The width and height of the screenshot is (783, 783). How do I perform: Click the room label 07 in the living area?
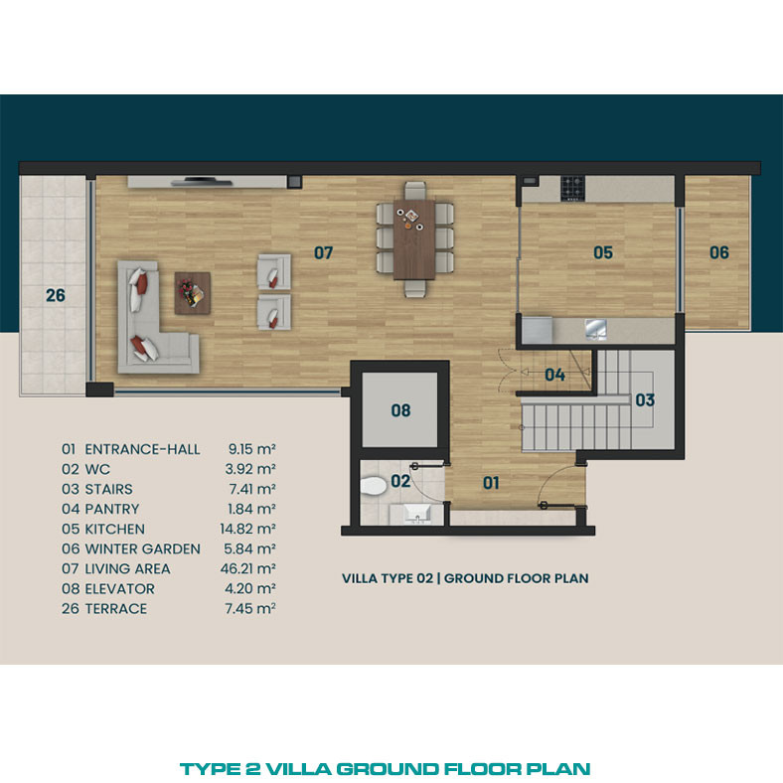click(323, 253)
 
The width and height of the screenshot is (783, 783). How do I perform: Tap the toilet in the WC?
click(373, 485)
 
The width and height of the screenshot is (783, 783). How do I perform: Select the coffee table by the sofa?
click(192, 293)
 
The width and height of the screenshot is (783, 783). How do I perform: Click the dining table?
click(414, 239)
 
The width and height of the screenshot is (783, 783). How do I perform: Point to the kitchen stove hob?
click(572, 188)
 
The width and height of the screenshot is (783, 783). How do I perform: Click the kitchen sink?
click(596, 330)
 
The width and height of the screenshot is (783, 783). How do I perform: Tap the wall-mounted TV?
click(202, 182)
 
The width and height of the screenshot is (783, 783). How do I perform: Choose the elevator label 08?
click(400, 410)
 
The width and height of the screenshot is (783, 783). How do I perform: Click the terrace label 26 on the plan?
click(56, 296)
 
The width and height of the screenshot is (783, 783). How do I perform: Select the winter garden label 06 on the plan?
click(719, 252)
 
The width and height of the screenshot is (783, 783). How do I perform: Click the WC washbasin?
click(417, 514)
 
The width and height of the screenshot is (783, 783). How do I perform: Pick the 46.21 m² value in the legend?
click(248, 568)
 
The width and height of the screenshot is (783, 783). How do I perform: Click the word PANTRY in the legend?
click(112, 509)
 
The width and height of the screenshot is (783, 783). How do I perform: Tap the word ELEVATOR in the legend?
click(120, 589)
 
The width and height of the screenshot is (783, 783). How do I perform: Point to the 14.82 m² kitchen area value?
click(248, 529)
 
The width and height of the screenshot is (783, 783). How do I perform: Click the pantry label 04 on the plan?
click(554, 375)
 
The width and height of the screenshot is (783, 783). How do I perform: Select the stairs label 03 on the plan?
click(645, 400)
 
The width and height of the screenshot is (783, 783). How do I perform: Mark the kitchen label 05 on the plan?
click(603, 252)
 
